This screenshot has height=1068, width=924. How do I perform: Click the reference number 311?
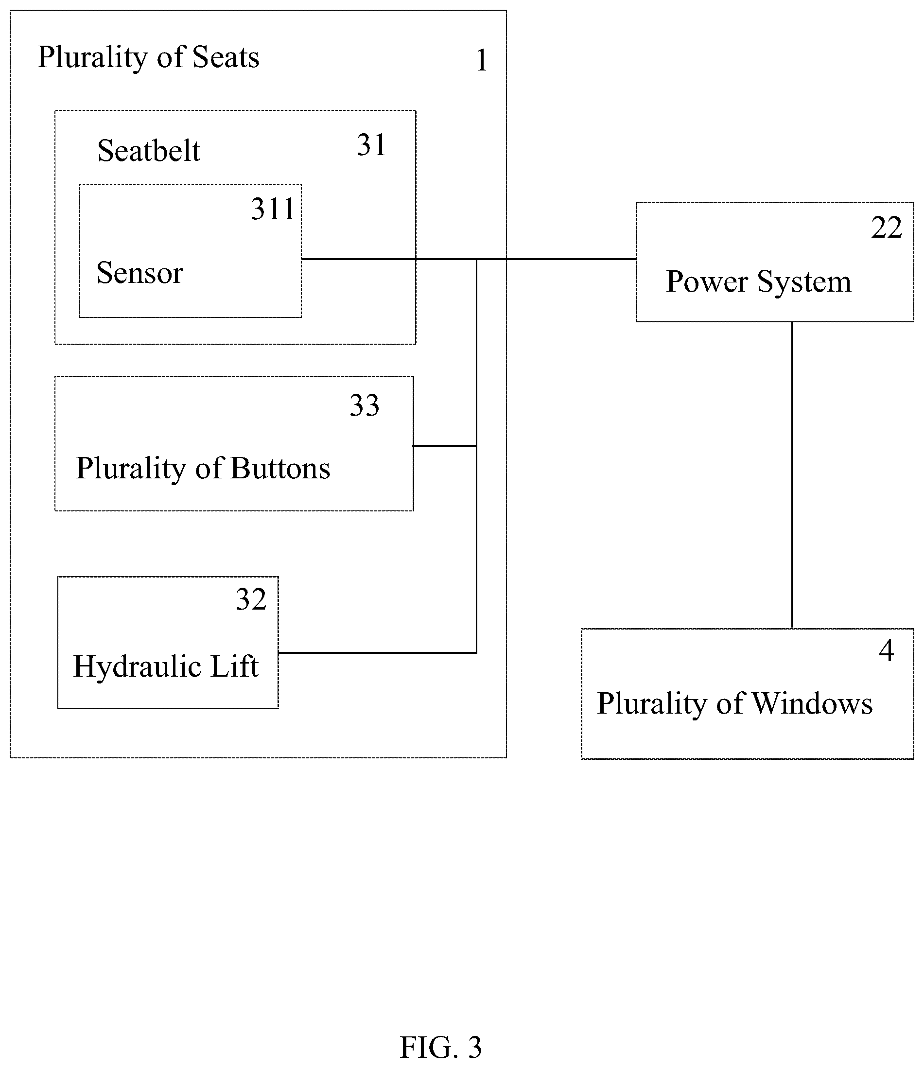click(273, 209)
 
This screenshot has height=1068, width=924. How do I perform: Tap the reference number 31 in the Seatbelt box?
click(371, 145)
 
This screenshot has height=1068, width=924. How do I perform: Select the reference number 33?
click(365, 405)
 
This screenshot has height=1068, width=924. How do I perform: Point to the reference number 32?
click(251, 599)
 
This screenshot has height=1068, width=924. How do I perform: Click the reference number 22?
click(887, 228)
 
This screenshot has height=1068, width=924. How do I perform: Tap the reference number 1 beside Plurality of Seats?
click(482, 60)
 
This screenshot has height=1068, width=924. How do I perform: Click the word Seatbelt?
click(149, 151)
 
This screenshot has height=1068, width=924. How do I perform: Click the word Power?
click(707, 281)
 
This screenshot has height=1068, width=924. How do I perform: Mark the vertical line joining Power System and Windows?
click(792, 475)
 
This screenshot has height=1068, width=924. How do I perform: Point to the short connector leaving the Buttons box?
click(444, 446)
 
